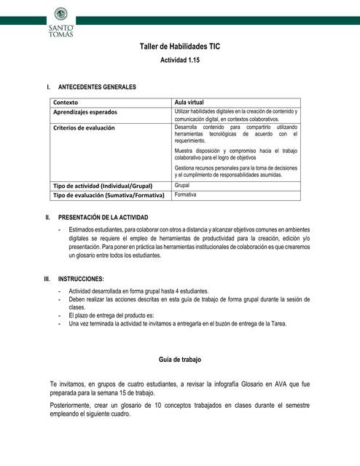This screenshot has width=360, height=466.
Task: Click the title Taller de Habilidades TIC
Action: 179,47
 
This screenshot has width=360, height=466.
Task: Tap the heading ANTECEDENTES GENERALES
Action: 97,87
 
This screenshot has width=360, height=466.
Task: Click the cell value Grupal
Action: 182,186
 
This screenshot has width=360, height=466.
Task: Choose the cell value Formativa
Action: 186,195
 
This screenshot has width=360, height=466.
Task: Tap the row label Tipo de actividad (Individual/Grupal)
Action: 107,186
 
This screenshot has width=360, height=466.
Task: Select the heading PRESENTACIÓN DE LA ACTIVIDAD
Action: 103,217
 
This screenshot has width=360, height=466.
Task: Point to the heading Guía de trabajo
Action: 179,360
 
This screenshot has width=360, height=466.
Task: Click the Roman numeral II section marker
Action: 47,217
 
